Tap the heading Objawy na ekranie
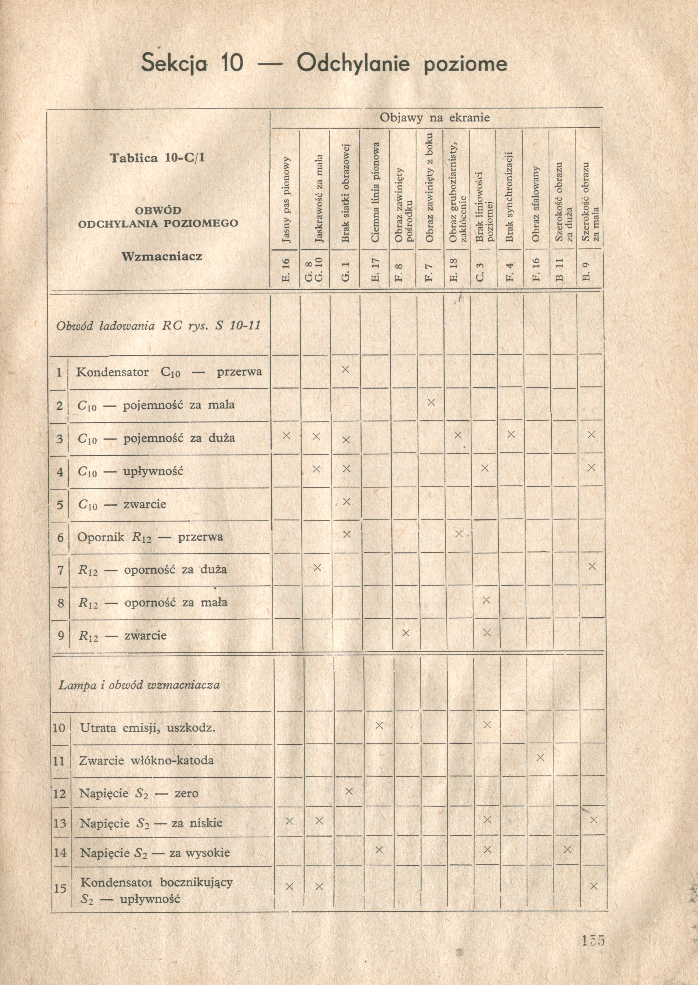434,118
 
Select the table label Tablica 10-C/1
157,158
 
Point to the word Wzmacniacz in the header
162,257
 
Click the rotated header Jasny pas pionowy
287,200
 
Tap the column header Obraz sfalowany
536,204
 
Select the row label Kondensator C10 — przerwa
169,372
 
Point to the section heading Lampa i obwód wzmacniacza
139,685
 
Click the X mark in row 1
345,369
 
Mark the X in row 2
432,402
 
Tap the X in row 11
540,757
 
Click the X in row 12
349,791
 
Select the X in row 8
486,599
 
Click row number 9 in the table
61,635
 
